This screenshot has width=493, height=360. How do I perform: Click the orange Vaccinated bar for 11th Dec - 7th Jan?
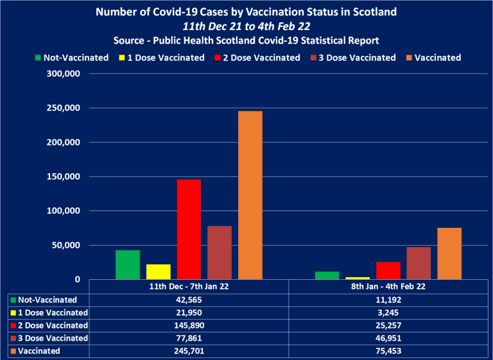250,195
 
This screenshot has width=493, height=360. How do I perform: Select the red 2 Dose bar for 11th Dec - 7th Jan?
189,229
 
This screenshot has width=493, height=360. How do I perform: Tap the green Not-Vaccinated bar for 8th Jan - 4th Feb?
327,275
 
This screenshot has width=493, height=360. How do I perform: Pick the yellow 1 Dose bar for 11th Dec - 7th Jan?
159,271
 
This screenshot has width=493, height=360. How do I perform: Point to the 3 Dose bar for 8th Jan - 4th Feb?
419,263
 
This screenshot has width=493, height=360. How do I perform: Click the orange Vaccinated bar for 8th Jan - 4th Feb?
449,253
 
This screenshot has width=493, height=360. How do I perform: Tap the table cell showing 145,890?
189,325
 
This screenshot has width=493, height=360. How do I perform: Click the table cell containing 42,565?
189,300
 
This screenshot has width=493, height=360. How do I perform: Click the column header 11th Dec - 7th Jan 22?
189,286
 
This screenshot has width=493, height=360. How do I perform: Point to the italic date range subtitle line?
246,26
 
